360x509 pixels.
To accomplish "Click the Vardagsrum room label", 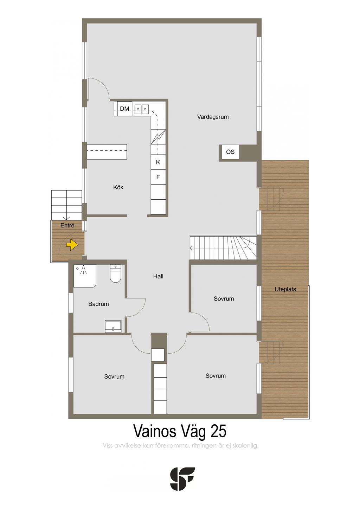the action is (213, 117).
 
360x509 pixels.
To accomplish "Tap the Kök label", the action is (118, 187).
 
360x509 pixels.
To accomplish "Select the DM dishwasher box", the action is (124, 109).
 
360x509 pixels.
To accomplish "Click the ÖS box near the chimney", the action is (230, 152).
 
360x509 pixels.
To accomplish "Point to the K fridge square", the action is (158, 162).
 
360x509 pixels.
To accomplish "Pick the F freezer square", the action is (158, 177).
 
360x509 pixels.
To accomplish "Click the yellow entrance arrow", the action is (72, 245).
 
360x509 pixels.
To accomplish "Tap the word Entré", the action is (67, 225).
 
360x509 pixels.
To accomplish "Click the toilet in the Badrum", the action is (115, 273).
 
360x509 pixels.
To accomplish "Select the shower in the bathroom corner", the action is (85, 276).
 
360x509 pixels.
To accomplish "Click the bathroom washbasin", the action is (113, 326).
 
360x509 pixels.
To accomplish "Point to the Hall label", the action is (158, 276).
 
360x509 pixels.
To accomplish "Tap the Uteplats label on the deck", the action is (285, 289).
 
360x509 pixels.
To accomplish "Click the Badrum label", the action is (98, 304).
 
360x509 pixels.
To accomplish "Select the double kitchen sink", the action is (142, 109).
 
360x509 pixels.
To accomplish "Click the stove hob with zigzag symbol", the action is (159, 137).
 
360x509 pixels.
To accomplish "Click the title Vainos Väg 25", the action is (180, 431).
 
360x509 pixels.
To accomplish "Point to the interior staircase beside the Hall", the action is (223, 247).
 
